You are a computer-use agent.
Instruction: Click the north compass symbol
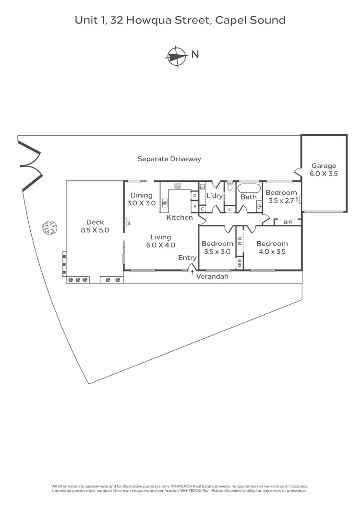pyautogui.click(x=176, y=55)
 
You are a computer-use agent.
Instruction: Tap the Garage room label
pyautogui.click(x=324, y=170)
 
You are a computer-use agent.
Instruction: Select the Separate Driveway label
pyautogui.click(x=169, y=159)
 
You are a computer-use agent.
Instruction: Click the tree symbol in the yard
pyautogui.click(x=49, y=226)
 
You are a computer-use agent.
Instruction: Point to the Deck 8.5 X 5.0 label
pyautogui.click(x=95, y=226)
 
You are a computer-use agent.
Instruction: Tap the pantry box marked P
pyautogui.click(x=195, y=196)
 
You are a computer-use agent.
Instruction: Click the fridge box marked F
pyautogui.click(x=195, y=207)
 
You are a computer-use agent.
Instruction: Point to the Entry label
pyautogui.click(x=187, y=258)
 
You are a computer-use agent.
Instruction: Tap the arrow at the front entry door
pyautogui.click(x=192, y=274)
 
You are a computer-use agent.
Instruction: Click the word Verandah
pyautogui.click(x=212, y=277)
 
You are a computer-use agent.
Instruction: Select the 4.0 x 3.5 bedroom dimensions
pyautogui.click(x=272, y=251)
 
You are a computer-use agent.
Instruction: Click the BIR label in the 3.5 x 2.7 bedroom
pyautogui.click(x=288, y=222)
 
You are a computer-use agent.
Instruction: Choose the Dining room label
pyautogui.click(x=141, y=195)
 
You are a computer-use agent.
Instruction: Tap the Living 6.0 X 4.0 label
pyautogui.click(x=160, y=241)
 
